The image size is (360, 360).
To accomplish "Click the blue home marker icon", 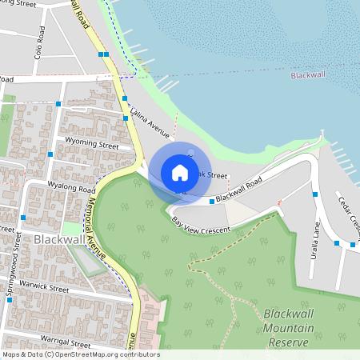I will pyautogui.click(x=180, y=172).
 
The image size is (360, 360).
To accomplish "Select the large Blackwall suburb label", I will pyautogui.click(x=59, y=239).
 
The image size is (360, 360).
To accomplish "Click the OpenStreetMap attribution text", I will pyautogui.click(x=81, y=354).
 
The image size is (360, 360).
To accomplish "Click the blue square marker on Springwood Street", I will pyautogui.click(x=23, y=217).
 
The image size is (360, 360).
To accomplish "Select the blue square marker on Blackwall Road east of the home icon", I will pyautogui.click(x=211, y=202).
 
